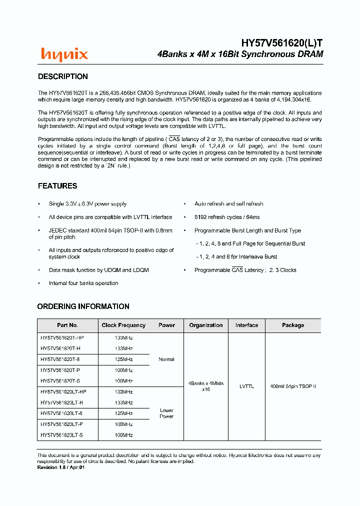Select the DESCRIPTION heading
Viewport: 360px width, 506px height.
click(63, 76)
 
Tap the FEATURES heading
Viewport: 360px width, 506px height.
click(57, 186)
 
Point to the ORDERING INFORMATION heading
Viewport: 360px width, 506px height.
click(83, 306)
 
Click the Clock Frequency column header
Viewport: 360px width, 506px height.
click(123, 325)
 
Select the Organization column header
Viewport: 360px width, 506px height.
click(206, 325)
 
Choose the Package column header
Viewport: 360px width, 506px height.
click(293, 325)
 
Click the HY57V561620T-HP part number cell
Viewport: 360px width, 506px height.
click(62, 338)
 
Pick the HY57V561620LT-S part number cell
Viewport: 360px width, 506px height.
click(62, 435)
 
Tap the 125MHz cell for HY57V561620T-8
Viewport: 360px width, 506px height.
click(123, 359)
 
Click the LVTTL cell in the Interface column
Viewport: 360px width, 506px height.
click(246, 386)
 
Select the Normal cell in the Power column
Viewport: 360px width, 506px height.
click(166, 359)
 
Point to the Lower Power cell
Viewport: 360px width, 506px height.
click(166, 413)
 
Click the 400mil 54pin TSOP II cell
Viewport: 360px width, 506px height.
click(293, 386)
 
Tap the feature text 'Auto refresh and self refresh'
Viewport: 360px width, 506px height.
click(229, 204)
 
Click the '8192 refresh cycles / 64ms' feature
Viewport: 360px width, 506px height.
click(227, 217)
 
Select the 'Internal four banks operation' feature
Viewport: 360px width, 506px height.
click(83, 283)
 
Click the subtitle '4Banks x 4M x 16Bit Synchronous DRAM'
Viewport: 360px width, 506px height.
click(240, 54)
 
